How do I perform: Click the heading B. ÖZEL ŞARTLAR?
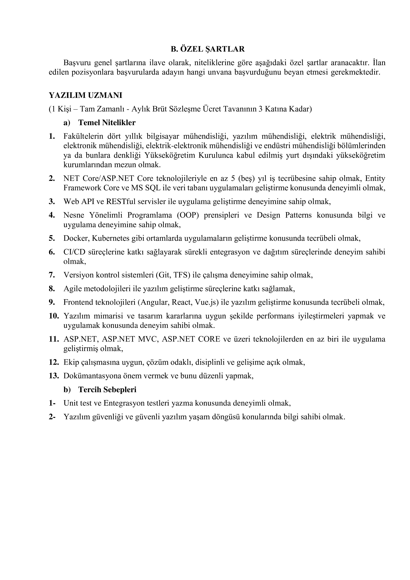208,49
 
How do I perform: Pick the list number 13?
54,376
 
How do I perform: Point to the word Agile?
72,289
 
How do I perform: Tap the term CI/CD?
72,252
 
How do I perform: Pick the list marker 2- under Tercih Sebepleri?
52,417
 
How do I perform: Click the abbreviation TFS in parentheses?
181,275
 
